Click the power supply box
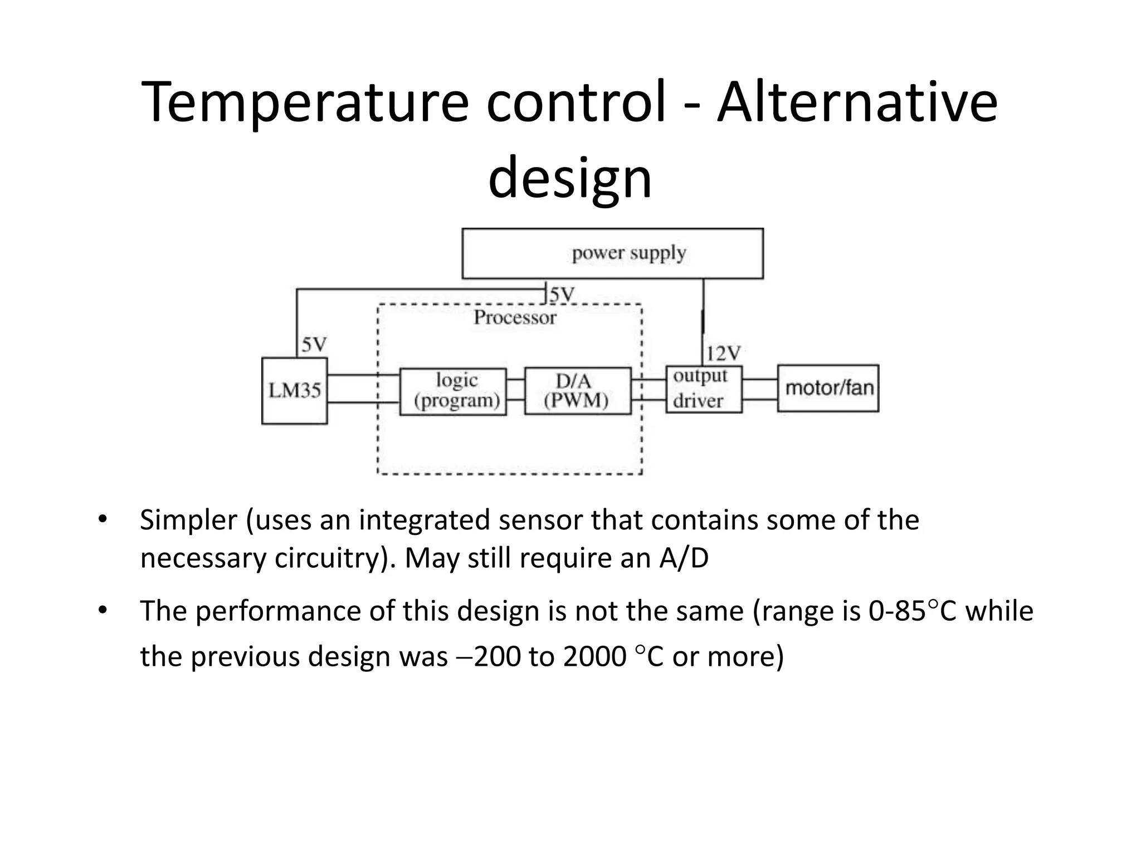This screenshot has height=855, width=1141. coord(612,253)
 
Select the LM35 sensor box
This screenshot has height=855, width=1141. coord(294,391)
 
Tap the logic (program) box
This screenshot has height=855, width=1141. coord(453,391)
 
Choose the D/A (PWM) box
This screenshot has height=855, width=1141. coord(578,391)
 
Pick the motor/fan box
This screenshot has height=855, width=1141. coord(828,388)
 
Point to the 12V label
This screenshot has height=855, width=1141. coord(724,353)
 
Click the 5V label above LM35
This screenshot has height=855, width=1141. coord(314,345)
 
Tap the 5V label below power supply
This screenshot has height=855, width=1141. coord(562,294)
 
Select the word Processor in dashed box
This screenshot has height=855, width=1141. coord(515,318)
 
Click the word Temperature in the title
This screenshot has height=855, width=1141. coord(305,103)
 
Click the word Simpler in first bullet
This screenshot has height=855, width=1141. coord(188,520)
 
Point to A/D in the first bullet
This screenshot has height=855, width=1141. coord(684,558)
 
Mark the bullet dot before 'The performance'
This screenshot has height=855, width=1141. coord(102,611)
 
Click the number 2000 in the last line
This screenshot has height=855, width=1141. coord(594,657)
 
